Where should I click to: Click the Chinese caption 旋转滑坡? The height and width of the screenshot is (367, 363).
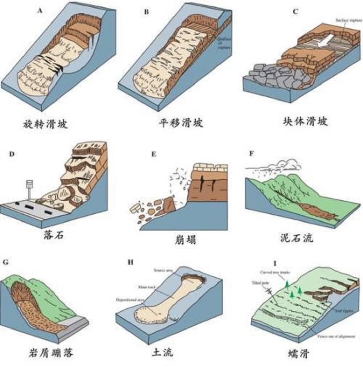click(45, 124)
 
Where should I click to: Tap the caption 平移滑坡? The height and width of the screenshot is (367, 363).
click(181, 123)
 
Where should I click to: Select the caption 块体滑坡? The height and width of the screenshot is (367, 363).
click(306, 122)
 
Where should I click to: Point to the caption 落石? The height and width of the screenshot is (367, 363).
click(54, 235)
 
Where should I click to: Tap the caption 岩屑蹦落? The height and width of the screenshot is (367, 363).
click(51, 353)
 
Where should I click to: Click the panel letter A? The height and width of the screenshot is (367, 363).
click(40, 10)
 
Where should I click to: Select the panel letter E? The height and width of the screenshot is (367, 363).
click(153, 154)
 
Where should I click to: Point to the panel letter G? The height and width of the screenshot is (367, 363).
click(5, 262)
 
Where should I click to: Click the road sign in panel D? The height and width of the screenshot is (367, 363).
click(29, 184)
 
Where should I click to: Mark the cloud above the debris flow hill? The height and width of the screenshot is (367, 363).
click(284, 165)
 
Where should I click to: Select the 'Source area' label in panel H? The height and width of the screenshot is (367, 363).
click(163, 270)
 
